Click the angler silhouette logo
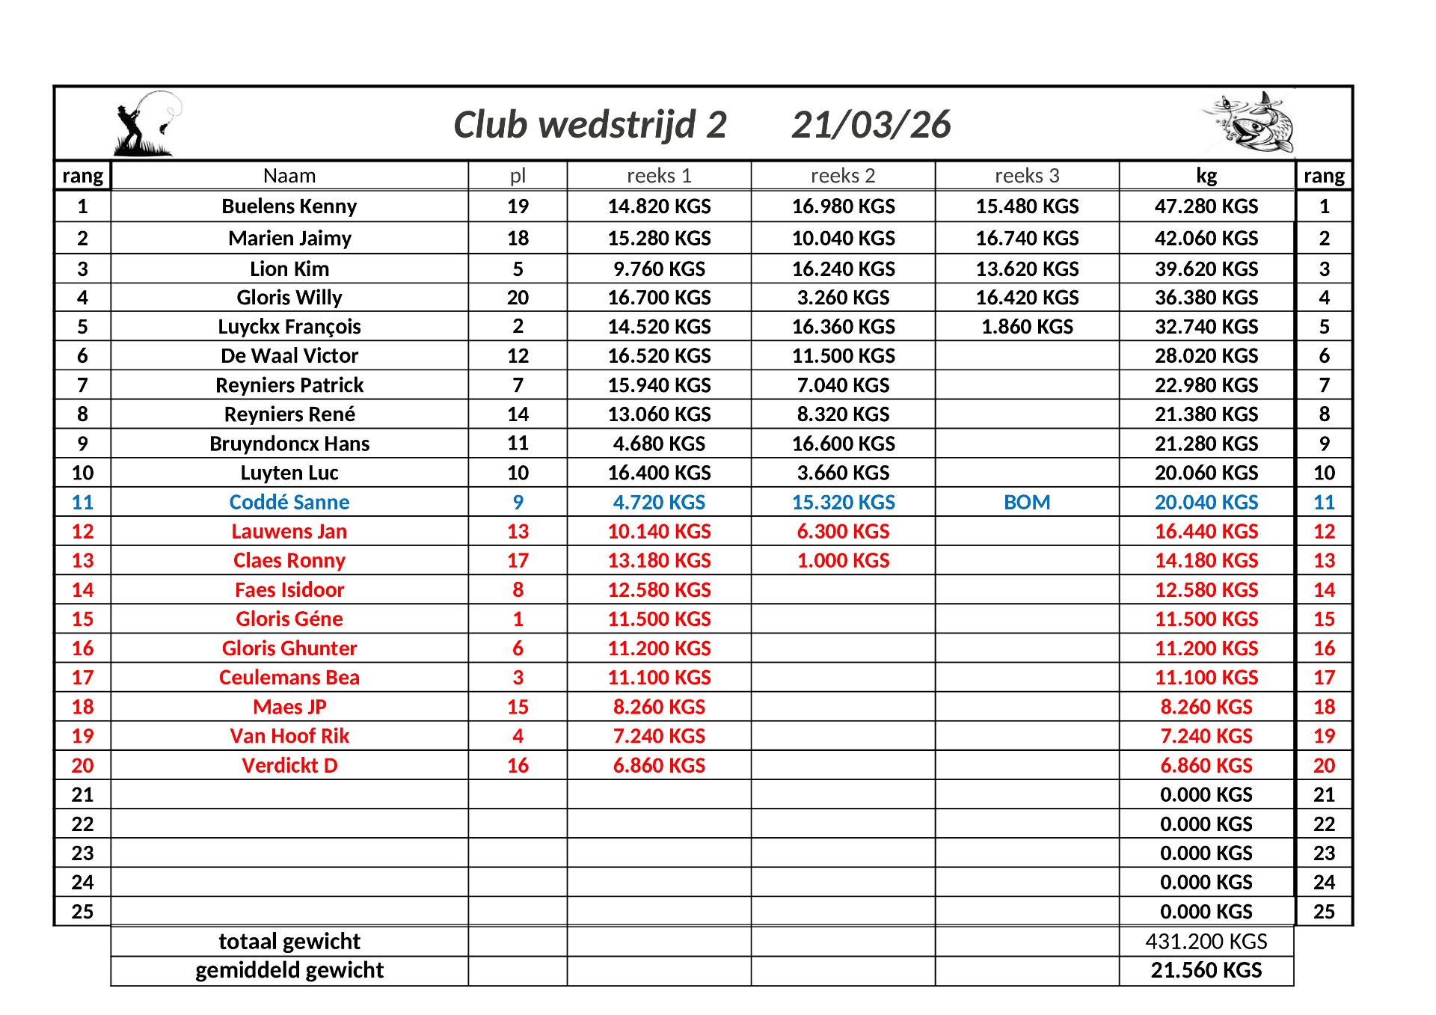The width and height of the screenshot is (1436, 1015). click(x=147, y=124)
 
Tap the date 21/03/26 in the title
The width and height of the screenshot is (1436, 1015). click(x=871, y=125)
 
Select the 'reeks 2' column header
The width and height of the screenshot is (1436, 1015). click(x=843, y=176)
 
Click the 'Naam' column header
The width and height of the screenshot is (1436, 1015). click(x=289, y=176)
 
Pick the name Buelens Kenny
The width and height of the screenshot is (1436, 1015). click(x=289, y=206)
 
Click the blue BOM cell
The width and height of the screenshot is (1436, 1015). click(x=1027, y=503)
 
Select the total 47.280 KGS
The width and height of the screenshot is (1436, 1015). click(x=1206, y=206)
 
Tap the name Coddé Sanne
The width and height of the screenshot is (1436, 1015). click(x=289, y=503)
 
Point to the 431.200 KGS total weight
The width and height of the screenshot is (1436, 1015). click(x=1206, y=942)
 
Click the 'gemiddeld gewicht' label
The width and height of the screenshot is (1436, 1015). click(x=289, y=971)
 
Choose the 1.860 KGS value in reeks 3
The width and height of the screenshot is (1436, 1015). click(x=1027, y=327)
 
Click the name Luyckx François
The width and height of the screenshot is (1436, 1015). click(x=289, y=327)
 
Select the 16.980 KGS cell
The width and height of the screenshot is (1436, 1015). click(x=843, y=206)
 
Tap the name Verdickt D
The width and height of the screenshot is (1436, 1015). click(x=289, y=766)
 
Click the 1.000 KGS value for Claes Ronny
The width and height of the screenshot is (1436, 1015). click(x=843, y=561)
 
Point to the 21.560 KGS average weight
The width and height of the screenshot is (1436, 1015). click(x=1206, y=971)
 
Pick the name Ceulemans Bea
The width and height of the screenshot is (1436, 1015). click(x=289, y=678)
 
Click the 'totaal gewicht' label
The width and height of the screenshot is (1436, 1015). click(x=289, y=942)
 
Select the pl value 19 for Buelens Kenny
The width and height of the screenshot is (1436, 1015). click(x=518, y=206)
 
